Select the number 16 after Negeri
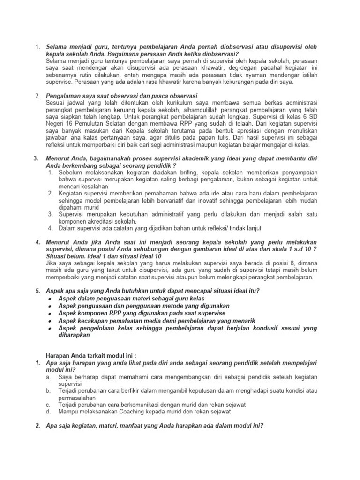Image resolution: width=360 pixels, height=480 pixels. click(71, 123)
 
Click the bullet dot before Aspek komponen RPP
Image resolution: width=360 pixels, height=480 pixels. click(50, 313)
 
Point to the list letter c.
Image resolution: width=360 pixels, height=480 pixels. click(48, 405)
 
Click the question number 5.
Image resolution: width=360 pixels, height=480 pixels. click(37, 291)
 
